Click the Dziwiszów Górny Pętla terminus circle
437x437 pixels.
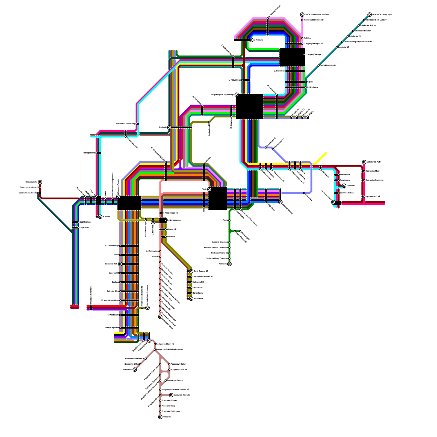click(370, 14)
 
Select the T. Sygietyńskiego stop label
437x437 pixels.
click(313, 55)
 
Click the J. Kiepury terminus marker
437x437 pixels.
click(251, 40)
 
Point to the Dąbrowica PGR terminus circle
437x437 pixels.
click(364, 162)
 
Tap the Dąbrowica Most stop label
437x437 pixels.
click(373, 171)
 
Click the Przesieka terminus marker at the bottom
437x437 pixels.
click(160, 417)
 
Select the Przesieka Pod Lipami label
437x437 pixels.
click(171, 411)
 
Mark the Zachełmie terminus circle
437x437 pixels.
click(135, 370)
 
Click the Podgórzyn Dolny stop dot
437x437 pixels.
click(169, 364)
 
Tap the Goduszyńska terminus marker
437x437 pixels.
click(40, 182)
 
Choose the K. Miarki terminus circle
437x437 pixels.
click(100, 217)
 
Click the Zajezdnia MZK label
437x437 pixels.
click(111, 264)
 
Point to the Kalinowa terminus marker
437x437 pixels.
click(229, 264)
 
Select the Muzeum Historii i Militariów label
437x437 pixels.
click(216, 248)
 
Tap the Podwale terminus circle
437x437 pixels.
click(169, 128)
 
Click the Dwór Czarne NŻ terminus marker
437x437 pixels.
click(191, 271)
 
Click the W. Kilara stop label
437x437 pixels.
click(307, 38)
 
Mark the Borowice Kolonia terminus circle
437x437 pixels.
click(171, 395)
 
